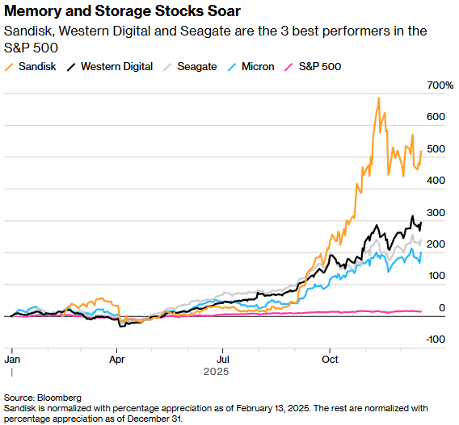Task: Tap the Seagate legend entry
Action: pyautogui.click(x=191, y=67)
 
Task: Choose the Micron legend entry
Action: pyautogui.click(x=251, y=67)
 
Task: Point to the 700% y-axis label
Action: pyautogui.click(x=440, y=85)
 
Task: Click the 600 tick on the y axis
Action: pyautogui.click(x=437, y=117)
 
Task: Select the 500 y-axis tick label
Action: pyautogui.click(x=437, y=149)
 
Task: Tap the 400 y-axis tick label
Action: pyautogui.click(x=437, y=181)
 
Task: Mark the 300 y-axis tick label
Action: pyautogui.click(x=437, y=212)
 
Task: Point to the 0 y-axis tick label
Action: pyautogui.click(x=442, y=308)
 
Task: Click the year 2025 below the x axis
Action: pyautogui.click(x=216, y=372)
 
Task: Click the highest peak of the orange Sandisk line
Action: pyautogui.click(x=378, y=98)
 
